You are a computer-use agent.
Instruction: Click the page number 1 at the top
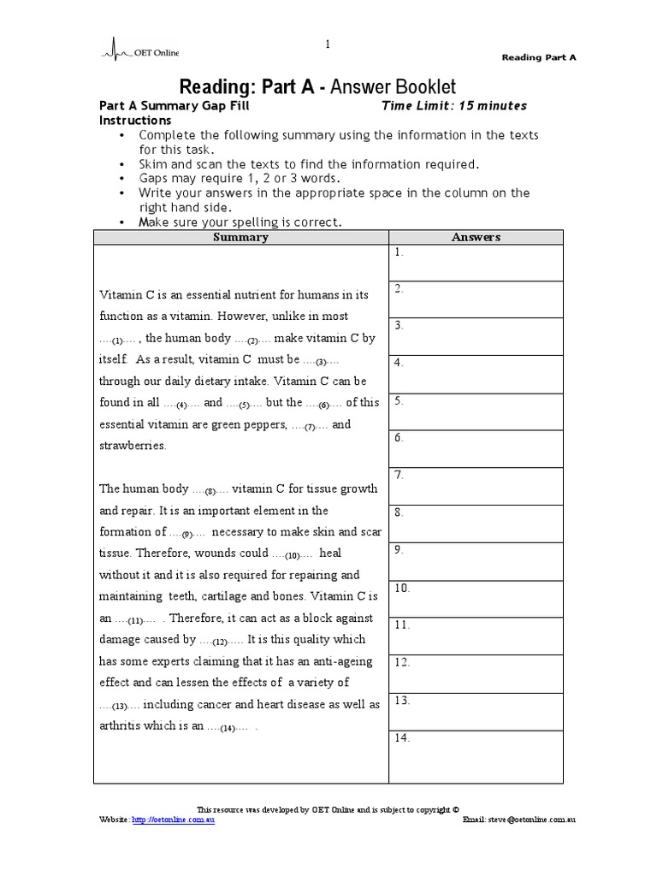tap(327, 44)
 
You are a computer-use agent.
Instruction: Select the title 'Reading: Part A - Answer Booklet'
tap(317, 86)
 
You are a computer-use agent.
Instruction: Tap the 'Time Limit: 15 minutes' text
tap(453, 106)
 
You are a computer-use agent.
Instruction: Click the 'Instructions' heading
tap(136, 121)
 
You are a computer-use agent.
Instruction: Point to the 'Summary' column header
tap(240, 237)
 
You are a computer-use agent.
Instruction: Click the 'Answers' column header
tap(476, 237)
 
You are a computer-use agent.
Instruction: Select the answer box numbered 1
tap(476, 263)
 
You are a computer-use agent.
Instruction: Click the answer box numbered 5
tap(476, 411)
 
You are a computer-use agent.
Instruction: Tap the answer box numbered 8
tap(476, 523)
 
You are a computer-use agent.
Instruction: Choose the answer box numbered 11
tap(476, 635)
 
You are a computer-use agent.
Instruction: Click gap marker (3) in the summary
tap(322, 361)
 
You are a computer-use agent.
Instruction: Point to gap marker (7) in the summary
tap(311, 426)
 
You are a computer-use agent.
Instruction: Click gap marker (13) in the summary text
tap(119, 706)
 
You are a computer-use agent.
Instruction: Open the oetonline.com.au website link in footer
tap(175, 820)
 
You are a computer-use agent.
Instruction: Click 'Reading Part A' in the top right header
tap(538, 57)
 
